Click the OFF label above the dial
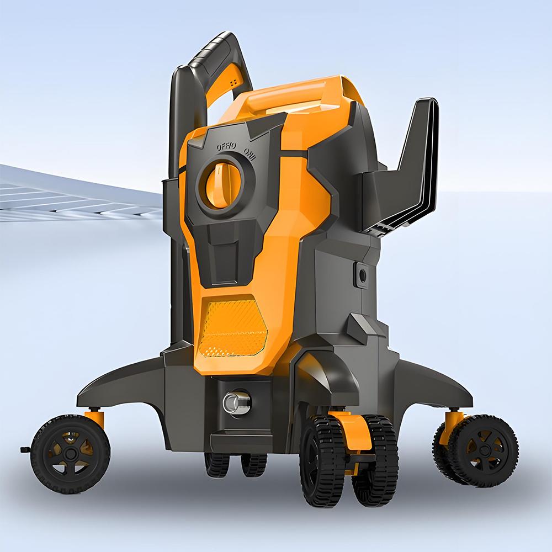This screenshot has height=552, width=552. coord(226,146)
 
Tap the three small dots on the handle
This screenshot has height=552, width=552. coord(233,81)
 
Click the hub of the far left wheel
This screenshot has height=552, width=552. coord(70,453)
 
